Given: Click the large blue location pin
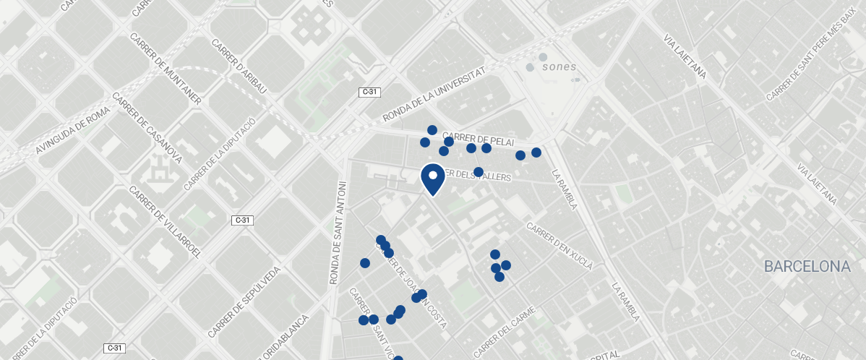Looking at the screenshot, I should click(432, 179).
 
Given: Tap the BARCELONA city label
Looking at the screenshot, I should click(807, 267).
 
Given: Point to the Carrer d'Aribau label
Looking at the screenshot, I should click(239, 65).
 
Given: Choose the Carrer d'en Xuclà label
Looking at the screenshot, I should click(560, 246).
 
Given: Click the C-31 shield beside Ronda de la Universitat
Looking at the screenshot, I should click(369, 92).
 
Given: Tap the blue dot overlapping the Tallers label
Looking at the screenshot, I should click(479, 172).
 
